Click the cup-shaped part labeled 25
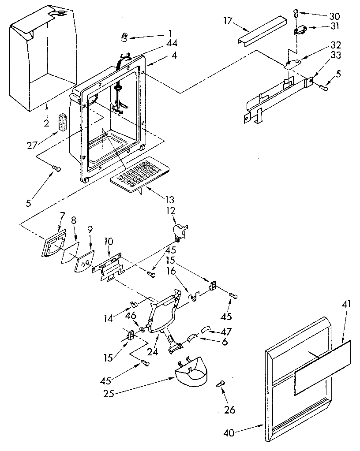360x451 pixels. click(x=192, y=374)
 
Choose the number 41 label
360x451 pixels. click(x=346, y=304)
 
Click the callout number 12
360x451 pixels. click(x=171, y=210)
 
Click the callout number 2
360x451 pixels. click(x=46, y=123)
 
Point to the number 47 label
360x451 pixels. click(x=227, y=331)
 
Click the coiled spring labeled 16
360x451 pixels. click(x=193, y=296)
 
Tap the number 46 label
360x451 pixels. click(x=131, y=315)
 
